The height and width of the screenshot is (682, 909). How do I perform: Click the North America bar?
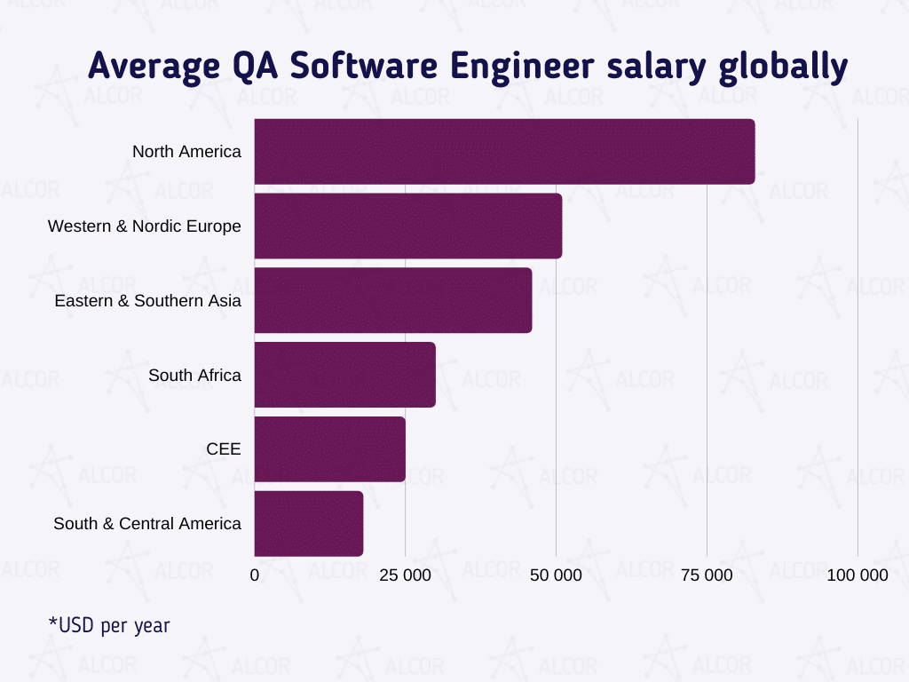pyautogui.click(x=504, y=152)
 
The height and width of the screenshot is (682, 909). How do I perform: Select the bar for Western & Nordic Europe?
pyautogui.click(x=408, y=226)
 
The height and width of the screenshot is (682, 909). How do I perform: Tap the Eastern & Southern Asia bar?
pyautogui.click(x=393, y=301)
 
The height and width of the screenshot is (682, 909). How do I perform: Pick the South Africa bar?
pyautogui.click(x=345, y=376)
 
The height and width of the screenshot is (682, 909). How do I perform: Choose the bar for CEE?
pyautogui.click(x=330, y=450)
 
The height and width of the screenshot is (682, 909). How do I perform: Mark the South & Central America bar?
pyautogui.click(x=309, y=524)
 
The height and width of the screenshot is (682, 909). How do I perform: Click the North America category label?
pyautogui.click(x=186, y=152)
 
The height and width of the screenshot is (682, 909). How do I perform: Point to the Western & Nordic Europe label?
pyautogui.click(x=144, y=226)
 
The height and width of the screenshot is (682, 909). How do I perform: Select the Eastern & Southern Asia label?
pyautogui.click(x=147, y=301)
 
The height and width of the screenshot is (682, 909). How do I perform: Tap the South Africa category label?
pyautogui.click(x=194, y=376)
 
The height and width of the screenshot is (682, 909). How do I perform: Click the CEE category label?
pyautogui.click(x=223, y=450)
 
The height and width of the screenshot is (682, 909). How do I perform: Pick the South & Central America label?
pyautogui.click(x=146, y=524)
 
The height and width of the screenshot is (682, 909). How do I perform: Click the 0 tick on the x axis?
pyautogui.click(x=255, y=575)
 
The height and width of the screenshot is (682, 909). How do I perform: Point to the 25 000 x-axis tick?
pyautogui.click(x=405, y=575)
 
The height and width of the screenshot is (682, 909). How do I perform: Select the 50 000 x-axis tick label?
pyautogui.click(x=556, y=575)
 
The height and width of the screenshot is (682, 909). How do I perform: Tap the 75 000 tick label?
pyautogui.click(x=707, y=575)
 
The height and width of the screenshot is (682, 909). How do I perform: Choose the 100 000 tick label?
pyautogui.click(x=857, y=575)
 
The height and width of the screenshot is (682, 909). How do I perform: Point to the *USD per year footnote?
pyautogui.click(x=109, y=626)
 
